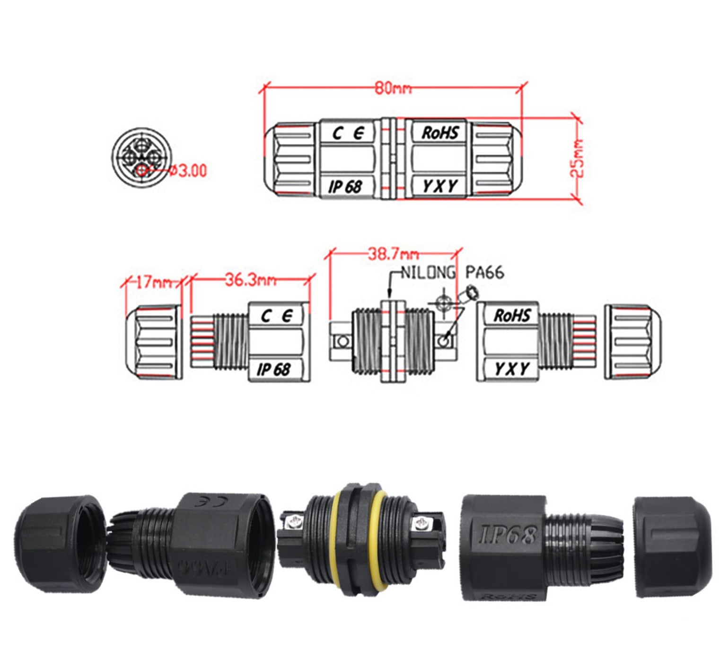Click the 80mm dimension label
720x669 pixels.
393,88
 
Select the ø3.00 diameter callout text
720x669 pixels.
188,170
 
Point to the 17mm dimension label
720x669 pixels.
154,282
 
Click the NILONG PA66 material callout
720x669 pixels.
452,273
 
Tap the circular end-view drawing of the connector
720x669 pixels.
140,157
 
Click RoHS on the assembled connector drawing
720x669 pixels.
440,133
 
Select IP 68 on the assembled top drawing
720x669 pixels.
345,187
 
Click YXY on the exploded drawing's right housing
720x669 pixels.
511,369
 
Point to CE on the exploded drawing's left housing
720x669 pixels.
277,316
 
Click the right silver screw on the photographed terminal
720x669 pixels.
421,522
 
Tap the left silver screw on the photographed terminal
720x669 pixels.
292,522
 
